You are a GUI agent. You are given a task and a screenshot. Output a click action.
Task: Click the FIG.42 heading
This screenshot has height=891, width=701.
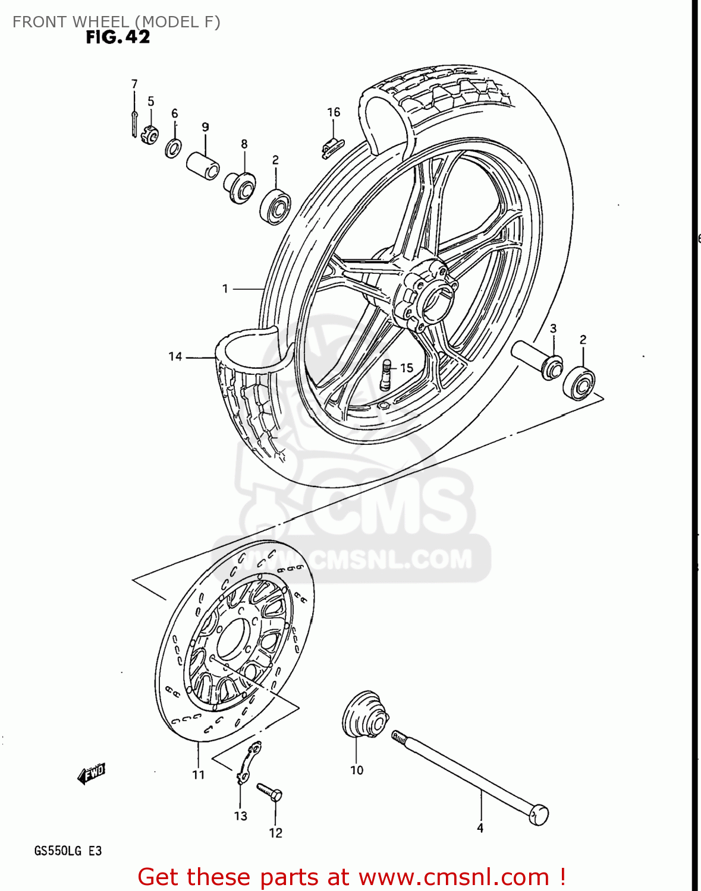118,37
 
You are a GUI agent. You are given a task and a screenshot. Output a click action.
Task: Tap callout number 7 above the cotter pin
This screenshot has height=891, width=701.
134,84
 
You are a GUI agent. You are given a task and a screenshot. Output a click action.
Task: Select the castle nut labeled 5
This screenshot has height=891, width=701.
150,137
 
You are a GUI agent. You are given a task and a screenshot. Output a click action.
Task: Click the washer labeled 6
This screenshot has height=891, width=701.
173,147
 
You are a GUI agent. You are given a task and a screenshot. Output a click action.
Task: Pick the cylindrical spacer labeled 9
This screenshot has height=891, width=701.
203,165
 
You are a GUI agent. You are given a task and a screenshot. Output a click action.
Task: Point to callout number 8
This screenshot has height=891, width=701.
244,144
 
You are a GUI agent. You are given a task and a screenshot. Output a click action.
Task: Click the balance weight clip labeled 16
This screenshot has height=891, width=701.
332,146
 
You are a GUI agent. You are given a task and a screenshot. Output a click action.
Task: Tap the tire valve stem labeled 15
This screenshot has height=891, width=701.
386,375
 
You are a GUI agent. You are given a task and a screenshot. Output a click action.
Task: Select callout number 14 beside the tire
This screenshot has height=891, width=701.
175,356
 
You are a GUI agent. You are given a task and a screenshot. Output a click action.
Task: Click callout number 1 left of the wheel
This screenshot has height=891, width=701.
225,289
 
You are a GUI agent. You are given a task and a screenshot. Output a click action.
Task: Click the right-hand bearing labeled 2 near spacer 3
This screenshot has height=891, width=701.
579,383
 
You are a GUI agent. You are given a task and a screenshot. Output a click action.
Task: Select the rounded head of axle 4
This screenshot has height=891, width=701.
539,814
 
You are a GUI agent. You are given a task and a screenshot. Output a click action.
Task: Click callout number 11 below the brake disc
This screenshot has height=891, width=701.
199,775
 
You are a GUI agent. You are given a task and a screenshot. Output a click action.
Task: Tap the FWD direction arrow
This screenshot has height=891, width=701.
92,773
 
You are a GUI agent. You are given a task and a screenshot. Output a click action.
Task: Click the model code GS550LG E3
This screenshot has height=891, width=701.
68,851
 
